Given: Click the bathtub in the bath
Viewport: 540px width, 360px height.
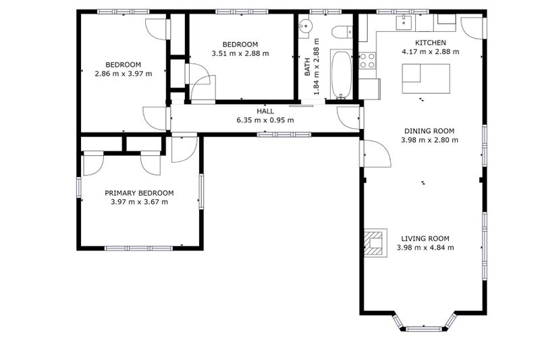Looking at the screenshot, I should (341, 74).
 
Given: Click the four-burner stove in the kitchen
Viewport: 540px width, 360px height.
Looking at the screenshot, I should (368, 61).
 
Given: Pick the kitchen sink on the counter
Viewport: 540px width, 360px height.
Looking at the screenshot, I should (404, 23).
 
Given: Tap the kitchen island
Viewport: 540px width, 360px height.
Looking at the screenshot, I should (426, 78).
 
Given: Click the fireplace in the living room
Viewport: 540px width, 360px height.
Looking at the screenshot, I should (374, 243).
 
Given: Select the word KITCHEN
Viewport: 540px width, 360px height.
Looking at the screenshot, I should (430, 43).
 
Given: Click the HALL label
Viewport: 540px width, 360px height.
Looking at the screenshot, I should (265, 111).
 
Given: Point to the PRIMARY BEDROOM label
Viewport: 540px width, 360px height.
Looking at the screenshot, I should (139, 192).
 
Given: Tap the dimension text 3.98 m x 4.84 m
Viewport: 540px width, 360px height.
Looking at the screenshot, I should (425, 248).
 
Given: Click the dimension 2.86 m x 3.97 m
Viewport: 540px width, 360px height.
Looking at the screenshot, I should (124, 73).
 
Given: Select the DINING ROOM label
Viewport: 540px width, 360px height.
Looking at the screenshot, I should (429, 131).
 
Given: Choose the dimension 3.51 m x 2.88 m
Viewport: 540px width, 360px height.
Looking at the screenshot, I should (240, 53).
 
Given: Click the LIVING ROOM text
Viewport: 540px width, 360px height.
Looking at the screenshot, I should (425, 238).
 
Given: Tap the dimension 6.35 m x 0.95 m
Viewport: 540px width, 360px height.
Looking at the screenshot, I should (265, 120).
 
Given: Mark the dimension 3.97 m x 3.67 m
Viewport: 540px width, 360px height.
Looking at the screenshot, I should (139, 201).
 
